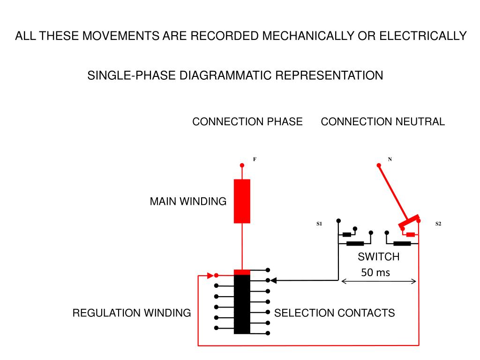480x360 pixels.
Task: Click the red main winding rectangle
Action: tap(242, 201)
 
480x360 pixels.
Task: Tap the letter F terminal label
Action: tap(255, 159)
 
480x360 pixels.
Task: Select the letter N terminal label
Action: tap(390, 159)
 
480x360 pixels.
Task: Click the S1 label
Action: tap(319, 224)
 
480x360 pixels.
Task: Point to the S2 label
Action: tap(438, 224)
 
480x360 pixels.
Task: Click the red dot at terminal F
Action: tap(242, 165)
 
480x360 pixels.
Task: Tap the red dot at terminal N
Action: tap(379, 165)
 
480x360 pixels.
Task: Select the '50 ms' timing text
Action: tap(375, 272)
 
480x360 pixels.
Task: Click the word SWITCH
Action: tap(379, 256)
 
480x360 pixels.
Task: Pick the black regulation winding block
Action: tap(242, 304)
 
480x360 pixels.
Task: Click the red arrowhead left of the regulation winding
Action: tap(210, 276)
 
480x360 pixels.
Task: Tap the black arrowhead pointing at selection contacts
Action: tap(274, 280)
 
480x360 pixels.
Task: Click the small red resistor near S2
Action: tap(411, 234)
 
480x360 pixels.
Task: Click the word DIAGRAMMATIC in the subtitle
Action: tap(225, 75)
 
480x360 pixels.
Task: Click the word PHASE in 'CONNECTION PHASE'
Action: tap(285, 121)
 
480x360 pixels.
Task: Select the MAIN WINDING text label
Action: tap(188, 202)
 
